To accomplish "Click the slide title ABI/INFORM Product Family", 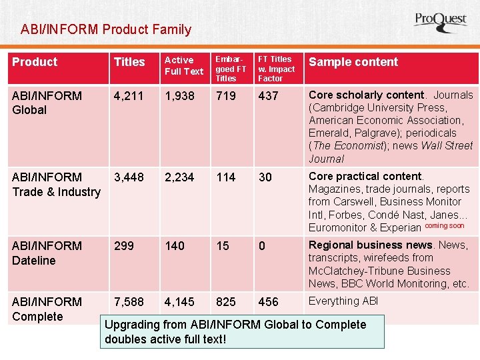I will click(x=106, y=29).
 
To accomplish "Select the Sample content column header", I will click(x=353, y=62).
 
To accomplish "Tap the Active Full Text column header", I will click(x=183, y=66).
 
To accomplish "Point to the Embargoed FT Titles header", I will click(x=231, y=69).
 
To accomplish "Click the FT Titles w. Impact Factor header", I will click(x=276, y=69).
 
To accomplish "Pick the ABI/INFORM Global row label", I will click(x=47, y=103).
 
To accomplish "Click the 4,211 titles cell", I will click(x=129, y=96).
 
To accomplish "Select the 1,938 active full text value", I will click(x=179, y=96).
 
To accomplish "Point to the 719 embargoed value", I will click(x=226, y=96).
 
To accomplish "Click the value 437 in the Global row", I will click(x=268, y=96).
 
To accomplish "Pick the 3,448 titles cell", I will click(x=129, y=177).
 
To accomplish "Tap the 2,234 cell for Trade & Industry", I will click(x=179, y=177).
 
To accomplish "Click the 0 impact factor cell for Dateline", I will click(x=262, y=246).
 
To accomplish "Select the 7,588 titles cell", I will click(x=129, y=302).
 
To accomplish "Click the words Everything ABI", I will click(x=343, y=301).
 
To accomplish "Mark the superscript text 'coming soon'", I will click(x=444, y=225).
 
